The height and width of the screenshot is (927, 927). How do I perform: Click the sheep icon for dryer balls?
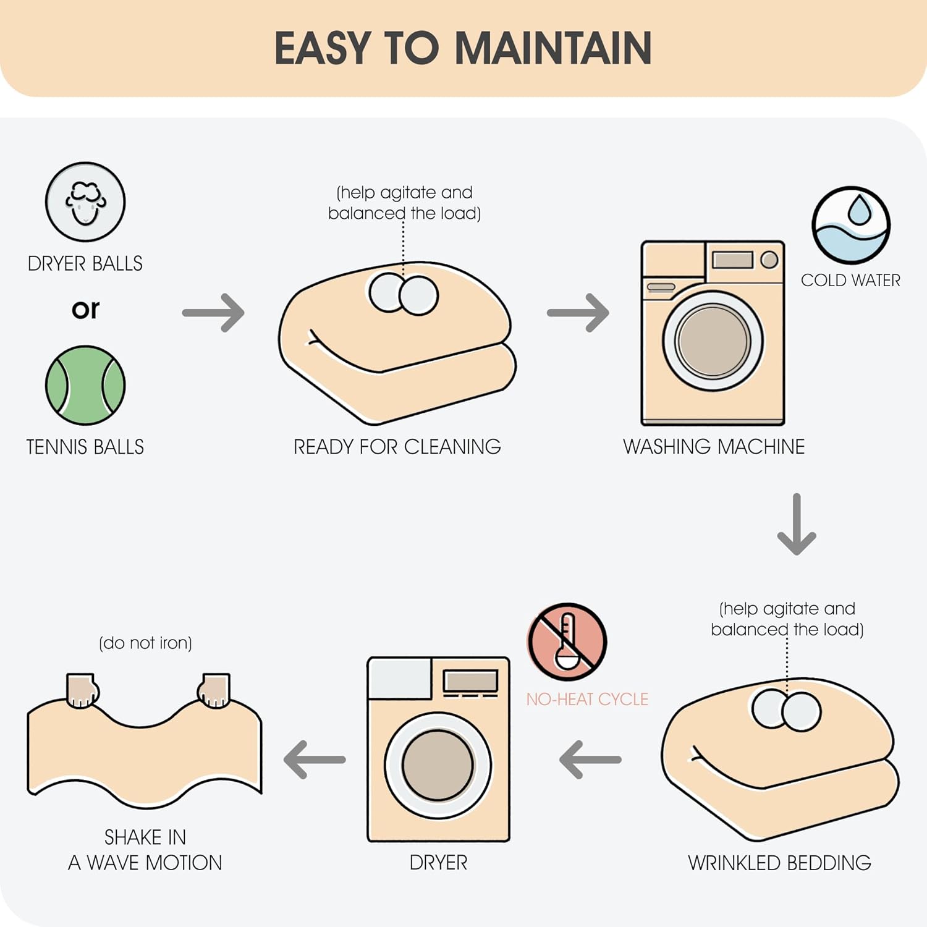[85, 202]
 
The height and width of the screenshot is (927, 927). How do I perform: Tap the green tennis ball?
[85, 385]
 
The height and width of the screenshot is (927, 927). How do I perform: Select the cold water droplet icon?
[851, 226]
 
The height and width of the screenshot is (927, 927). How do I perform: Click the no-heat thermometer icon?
[567, 642]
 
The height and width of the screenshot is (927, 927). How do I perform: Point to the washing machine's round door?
[713, 341]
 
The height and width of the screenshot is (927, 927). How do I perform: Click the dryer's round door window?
[438, 765]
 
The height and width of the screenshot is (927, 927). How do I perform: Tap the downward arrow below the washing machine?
[797, 524]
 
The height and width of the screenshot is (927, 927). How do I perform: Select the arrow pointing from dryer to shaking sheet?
[315, 760]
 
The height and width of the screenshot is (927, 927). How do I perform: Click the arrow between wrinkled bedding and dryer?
[590, 760]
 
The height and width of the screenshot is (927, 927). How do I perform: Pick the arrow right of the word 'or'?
[213, 313]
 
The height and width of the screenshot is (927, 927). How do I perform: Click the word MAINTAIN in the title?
[553, 48]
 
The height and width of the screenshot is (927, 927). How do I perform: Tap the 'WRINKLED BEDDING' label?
[779, 863]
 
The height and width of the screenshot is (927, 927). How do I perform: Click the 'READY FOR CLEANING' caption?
[397, 446]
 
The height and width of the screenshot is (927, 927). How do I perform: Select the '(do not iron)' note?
[145, 643]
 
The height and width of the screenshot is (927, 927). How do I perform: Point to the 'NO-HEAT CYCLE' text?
[587, 699]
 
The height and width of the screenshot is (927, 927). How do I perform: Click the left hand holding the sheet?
[82, 690]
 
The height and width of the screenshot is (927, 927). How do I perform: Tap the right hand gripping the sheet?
[214, 690]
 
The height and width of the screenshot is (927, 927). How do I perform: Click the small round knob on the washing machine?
[769, 260]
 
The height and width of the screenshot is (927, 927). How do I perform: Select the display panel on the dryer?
[471, 681]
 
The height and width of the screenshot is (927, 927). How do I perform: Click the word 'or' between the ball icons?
[85, 309]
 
